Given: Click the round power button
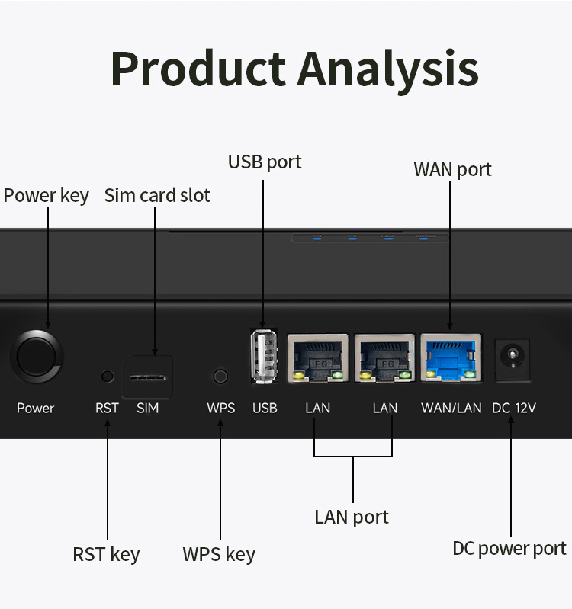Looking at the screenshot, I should point(36,356).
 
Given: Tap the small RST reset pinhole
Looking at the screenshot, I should point(107,376).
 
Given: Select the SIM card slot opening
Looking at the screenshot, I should point(148,377).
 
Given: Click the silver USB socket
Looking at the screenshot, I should point(263,356).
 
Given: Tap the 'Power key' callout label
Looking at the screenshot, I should point(46,195).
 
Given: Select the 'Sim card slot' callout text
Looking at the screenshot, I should point(157,195).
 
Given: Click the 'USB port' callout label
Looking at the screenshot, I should point(265,162).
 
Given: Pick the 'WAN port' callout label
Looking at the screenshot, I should point(452,169).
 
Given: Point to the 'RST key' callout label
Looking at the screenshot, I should point(106,554).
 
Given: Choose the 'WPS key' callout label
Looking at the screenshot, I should point(219,554).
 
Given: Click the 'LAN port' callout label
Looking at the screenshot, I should point(352,517).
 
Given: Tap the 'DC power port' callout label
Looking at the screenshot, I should point(509,549).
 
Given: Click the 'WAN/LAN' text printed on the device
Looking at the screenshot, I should point(451,408).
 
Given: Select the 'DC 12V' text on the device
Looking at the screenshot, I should point(514,408).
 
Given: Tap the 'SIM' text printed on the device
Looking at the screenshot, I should point(148,408).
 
